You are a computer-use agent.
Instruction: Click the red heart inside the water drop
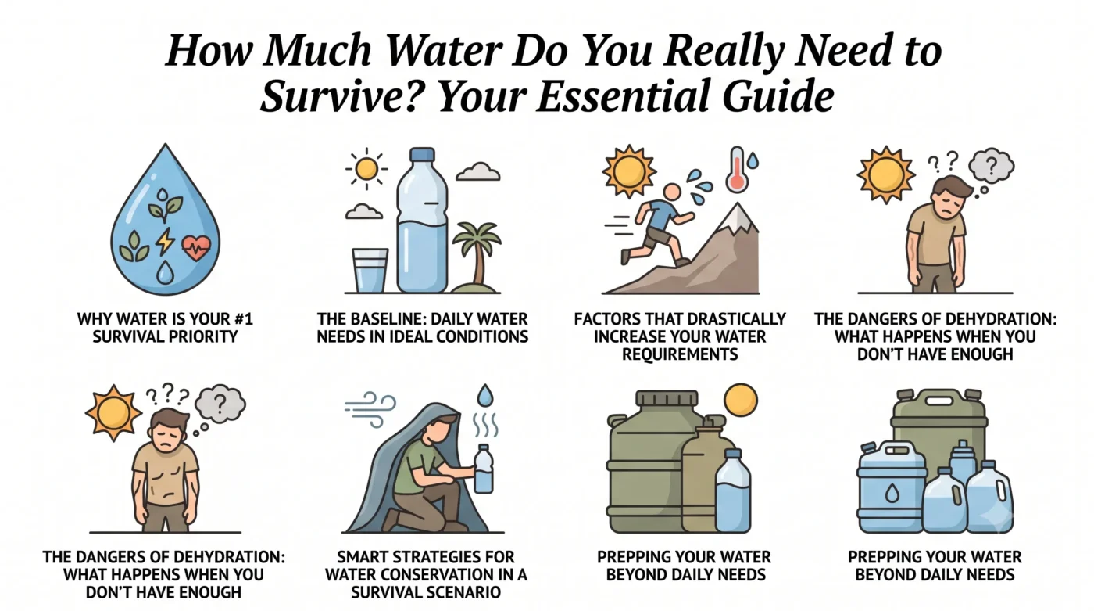196,248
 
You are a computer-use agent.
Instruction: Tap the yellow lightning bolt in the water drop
165,241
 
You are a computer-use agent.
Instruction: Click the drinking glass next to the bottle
370,271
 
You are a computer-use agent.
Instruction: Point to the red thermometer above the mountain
738,169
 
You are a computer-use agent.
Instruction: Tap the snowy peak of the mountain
738,217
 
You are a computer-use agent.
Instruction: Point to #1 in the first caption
244,319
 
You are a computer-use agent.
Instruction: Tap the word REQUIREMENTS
680,354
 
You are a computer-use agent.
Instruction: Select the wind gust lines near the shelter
370,408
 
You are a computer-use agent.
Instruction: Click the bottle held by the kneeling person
484,469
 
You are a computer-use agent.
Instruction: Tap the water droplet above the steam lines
485,395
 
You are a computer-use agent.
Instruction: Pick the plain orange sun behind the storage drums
741,400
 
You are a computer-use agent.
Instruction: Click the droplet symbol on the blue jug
892,493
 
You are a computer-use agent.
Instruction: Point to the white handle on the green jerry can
938,401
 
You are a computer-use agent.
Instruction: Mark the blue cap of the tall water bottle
423,154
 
